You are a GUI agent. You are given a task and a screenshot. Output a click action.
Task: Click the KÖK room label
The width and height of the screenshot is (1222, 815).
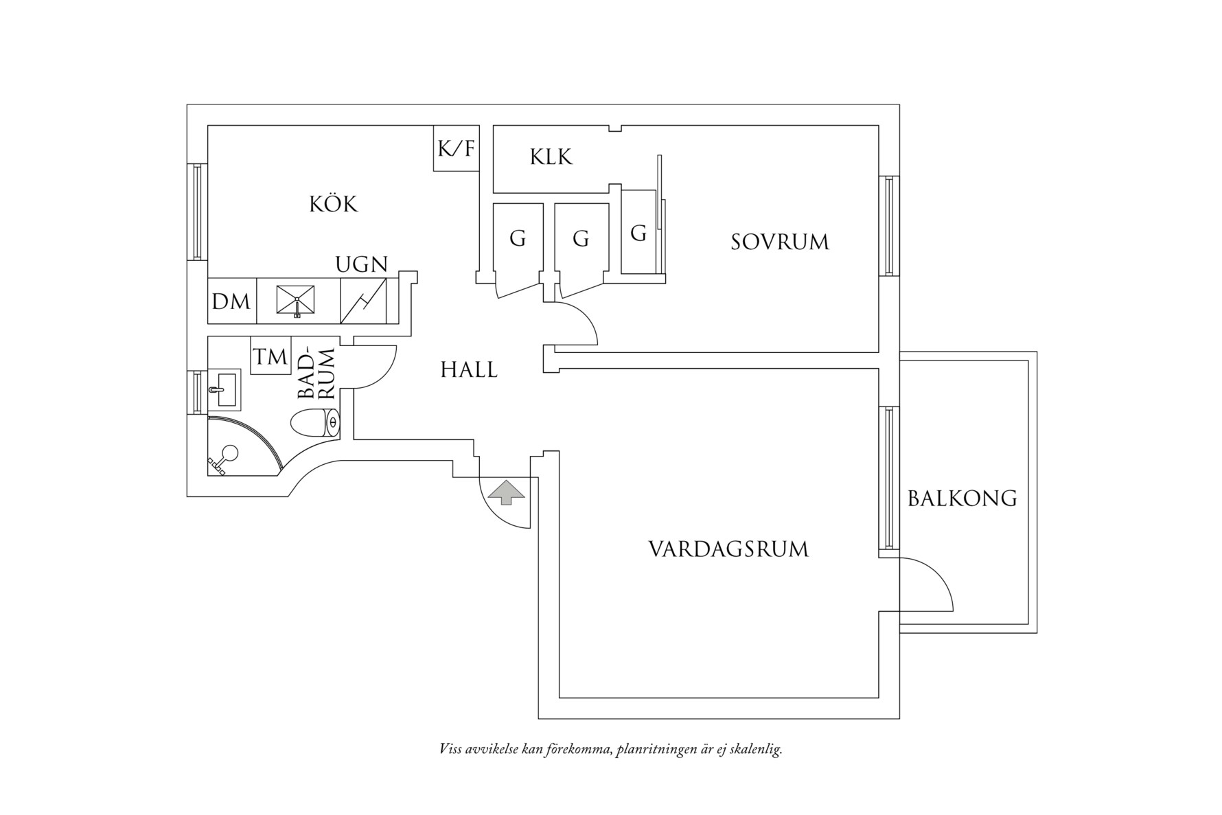[334, 204]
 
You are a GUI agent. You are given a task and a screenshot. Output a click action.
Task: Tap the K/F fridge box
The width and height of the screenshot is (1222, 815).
[456, 148]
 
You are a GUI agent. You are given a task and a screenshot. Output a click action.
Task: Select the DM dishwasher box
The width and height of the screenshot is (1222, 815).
[231, 301]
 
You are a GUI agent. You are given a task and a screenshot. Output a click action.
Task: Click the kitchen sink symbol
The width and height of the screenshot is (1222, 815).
[297, 300]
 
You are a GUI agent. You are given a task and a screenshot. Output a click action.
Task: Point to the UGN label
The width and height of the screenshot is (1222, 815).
[361, 264]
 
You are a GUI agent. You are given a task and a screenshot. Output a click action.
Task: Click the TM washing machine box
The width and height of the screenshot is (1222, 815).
[270, 356]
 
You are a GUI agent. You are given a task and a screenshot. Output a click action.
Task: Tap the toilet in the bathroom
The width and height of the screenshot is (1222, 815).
[314, 424]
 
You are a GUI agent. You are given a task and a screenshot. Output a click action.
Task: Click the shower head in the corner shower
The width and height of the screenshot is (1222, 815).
[229, 454]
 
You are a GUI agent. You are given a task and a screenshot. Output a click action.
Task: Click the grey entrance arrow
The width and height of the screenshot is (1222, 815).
[506, 492]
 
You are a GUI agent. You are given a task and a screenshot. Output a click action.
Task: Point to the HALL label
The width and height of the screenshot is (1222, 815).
[469, 370]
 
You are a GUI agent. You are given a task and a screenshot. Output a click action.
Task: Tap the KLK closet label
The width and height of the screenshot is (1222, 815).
[551, 157]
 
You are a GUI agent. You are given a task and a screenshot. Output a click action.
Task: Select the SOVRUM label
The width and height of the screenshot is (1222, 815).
[779, 242]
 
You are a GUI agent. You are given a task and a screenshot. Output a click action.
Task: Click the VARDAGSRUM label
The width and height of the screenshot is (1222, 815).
[728, 549]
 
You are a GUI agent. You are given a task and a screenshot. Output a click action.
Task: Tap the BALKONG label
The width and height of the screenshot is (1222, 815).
[962, 498]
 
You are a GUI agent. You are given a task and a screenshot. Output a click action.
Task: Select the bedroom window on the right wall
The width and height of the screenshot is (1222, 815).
[888, 226]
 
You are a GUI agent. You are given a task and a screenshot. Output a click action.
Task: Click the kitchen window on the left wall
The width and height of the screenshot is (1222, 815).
[197, 211]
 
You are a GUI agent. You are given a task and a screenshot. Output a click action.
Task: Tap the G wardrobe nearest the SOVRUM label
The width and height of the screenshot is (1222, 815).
[638, 233]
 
